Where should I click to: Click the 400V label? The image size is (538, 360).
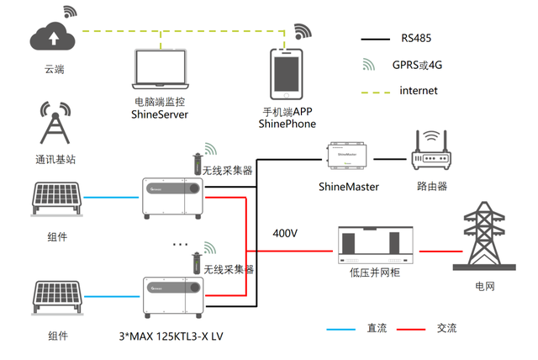[285, 233]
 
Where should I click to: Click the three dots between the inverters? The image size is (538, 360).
[178, 244]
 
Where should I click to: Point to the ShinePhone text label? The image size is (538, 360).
[287, 124]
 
